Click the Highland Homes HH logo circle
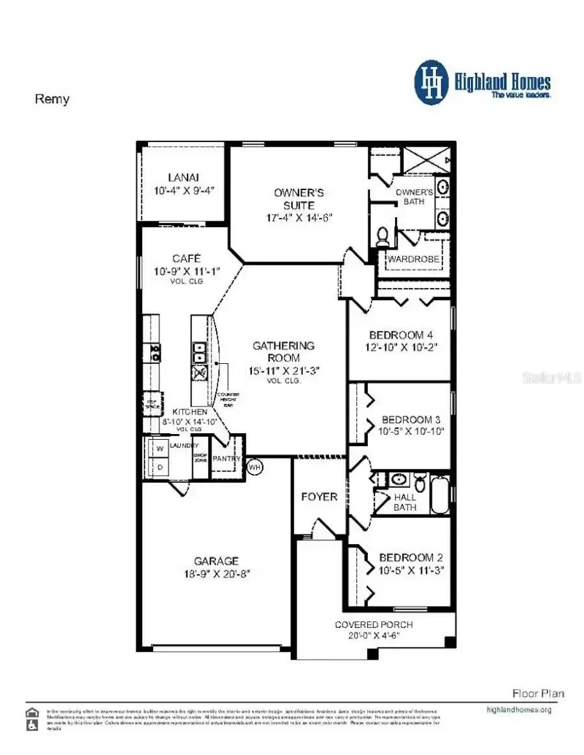point(432,82)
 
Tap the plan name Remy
point(51,99)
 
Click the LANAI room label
point(183,177)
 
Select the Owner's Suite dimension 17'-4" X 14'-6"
point(298,217)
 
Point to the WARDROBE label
point(414,259)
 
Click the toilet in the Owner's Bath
point(383,236)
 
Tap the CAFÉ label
point(186,258)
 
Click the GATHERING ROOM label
point(284,352)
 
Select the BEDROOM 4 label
point(400,335)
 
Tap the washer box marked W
point(158,449)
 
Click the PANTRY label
point(227,459)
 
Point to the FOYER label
point(319,497)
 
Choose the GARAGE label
point(216,561)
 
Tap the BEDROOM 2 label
point(406,558)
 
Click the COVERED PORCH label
point(373,625)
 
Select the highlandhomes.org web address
point(518,710)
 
